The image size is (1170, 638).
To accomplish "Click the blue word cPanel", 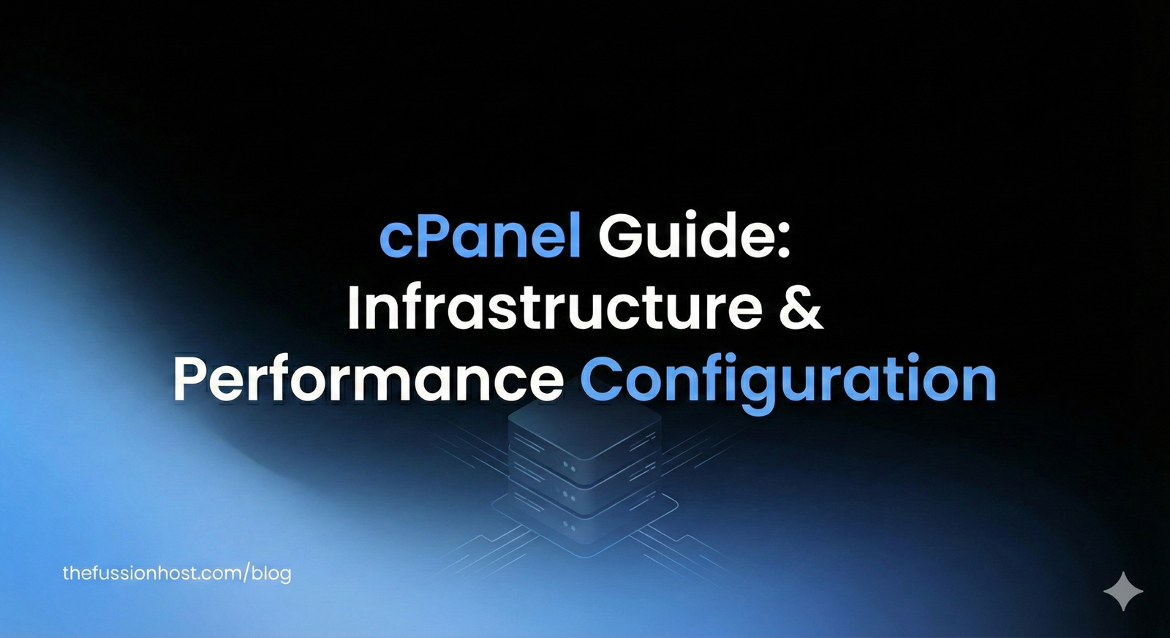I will tap(480, 235).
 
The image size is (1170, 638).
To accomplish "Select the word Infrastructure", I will tap(555, 307).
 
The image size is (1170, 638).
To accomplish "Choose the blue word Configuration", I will tap(788, 380).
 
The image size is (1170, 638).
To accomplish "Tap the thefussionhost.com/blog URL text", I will tap(177, 573).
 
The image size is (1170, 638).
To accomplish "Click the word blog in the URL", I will tap(271, 573).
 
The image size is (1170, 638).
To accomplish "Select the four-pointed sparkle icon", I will tap(1122, 590).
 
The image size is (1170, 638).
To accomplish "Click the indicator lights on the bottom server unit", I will tap(569, 526).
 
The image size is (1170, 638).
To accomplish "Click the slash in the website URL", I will tap(246, 573).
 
